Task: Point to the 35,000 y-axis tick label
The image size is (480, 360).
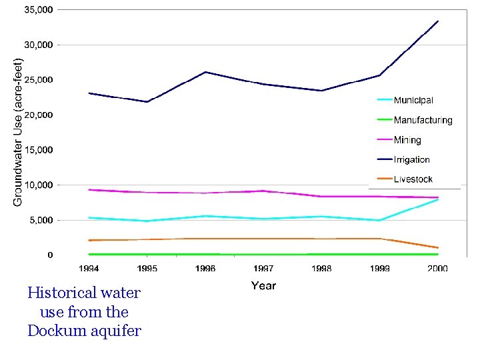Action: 39,10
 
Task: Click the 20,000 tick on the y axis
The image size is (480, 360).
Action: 39,115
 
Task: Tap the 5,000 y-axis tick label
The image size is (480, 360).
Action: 41,221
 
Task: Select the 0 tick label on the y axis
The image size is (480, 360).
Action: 50,255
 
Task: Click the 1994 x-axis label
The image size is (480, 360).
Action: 89,269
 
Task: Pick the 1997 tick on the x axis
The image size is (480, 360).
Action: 263,269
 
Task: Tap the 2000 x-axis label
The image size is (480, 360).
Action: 438,269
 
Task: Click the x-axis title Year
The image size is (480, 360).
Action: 263,285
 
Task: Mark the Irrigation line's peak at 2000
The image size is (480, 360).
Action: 438,21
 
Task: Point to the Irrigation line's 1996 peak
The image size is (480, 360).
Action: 205,72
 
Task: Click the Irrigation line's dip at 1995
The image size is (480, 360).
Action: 147,102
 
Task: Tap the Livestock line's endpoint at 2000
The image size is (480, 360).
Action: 438,247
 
